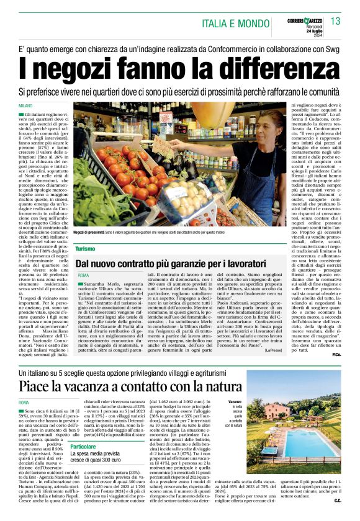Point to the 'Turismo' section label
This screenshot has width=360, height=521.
(86, 248)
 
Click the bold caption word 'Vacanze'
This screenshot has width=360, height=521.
(234, 403)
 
